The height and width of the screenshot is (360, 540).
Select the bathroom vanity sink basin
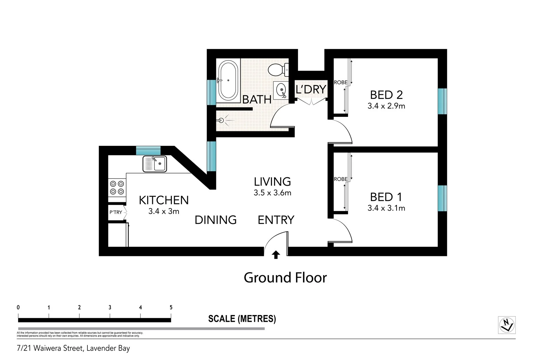(x=281, y=90)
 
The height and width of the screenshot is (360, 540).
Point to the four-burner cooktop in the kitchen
(x=117, y=188)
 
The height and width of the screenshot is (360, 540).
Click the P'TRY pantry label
(x=116, y=212)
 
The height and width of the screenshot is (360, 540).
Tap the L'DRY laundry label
(x=311, y=89)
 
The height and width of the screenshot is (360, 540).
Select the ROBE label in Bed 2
(x=341, y=82)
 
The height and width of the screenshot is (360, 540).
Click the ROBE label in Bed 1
(x=341, y=179)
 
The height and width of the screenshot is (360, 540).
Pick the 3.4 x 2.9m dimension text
(x=386, y=106)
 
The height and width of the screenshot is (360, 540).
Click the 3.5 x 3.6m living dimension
(x=272, y=193)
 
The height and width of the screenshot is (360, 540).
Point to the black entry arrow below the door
(x=276, y=255)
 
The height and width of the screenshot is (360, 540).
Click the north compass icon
(x=507, y=325)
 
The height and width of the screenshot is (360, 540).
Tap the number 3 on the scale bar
(x=110, y=307)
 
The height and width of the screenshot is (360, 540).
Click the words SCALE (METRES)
(x=242, y=319)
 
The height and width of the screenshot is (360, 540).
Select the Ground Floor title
(x=285, y=278)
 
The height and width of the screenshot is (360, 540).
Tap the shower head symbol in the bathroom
(x=221, y=120)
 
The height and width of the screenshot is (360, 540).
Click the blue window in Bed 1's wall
(x=442, y=198)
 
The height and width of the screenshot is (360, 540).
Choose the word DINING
(x=216, y=220)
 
